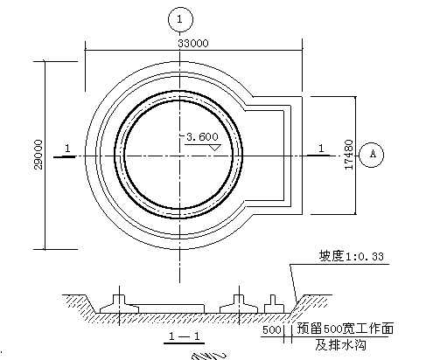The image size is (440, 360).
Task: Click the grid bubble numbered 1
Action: (180, 19)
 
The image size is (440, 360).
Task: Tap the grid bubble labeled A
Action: (371, 155)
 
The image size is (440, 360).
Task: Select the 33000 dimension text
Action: (193, 43)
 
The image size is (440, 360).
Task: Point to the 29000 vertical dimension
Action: (38, 155)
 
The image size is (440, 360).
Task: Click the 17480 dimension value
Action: (349, 155)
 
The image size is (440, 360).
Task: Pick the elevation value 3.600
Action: (202, 136)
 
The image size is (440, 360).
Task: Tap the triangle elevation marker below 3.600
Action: (215, 148)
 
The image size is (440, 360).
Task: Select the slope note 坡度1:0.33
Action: (352, 256)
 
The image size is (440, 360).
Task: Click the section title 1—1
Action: (185, 336)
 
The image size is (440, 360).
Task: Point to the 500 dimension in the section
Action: (271, 330)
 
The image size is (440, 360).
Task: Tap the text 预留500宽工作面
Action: (346, 329)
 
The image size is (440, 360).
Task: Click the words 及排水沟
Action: (340, 345)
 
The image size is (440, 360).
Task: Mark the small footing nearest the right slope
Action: (274, 304)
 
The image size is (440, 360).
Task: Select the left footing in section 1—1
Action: (119, 304)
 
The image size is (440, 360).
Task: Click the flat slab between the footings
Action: (171, 309)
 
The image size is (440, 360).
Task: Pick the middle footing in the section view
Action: (239, 304)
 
